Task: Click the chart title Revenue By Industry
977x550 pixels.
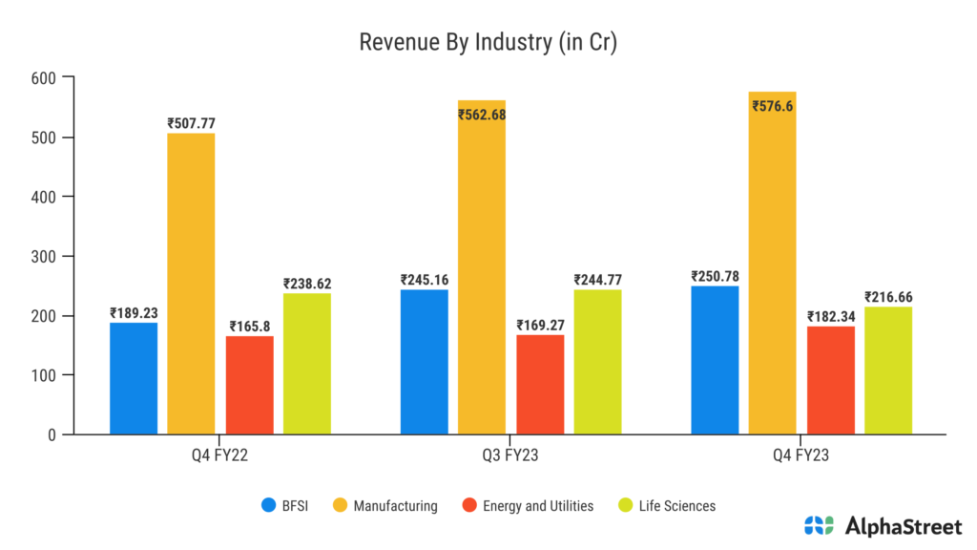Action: [488, 43]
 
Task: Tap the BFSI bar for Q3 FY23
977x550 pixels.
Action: [424, 362]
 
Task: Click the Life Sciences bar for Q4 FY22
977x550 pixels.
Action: [307, 364]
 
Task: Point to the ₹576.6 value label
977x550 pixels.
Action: [772, 106]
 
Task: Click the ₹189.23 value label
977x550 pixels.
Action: [134, 312]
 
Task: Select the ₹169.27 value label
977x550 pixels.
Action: [540, 325]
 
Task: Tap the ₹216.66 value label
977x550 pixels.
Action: [888, 297]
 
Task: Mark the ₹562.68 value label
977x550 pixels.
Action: [482, 115]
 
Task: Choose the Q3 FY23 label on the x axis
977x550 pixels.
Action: [510, 455]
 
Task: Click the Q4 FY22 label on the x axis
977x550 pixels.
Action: [220, 455]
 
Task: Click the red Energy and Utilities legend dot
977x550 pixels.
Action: [467, 505]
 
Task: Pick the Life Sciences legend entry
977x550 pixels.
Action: [667, 505]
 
